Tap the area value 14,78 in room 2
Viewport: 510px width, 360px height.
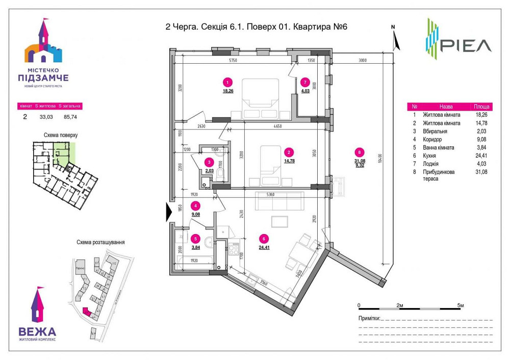289,161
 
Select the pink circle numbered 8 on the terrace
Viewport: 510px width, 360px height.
361,151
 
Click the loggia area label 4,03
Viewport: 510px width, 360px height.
305,91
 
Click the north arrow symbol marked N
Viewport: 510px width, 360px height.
395,39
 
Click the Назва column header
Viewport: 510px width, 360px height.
446,107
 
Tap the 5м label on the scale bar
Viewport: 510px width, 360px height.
461,305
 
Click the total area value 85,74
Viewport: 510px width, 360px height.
69,116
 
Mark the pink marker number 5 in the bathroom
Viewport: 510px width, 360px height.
195,238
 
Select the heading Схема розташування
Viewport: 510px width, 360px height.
100,242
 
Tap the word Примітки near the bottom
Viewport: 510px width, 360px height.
369,318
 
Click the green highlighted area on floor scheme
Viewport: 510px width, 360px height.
63,152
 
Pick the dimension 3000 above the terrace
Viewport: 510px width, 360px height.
363,61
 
